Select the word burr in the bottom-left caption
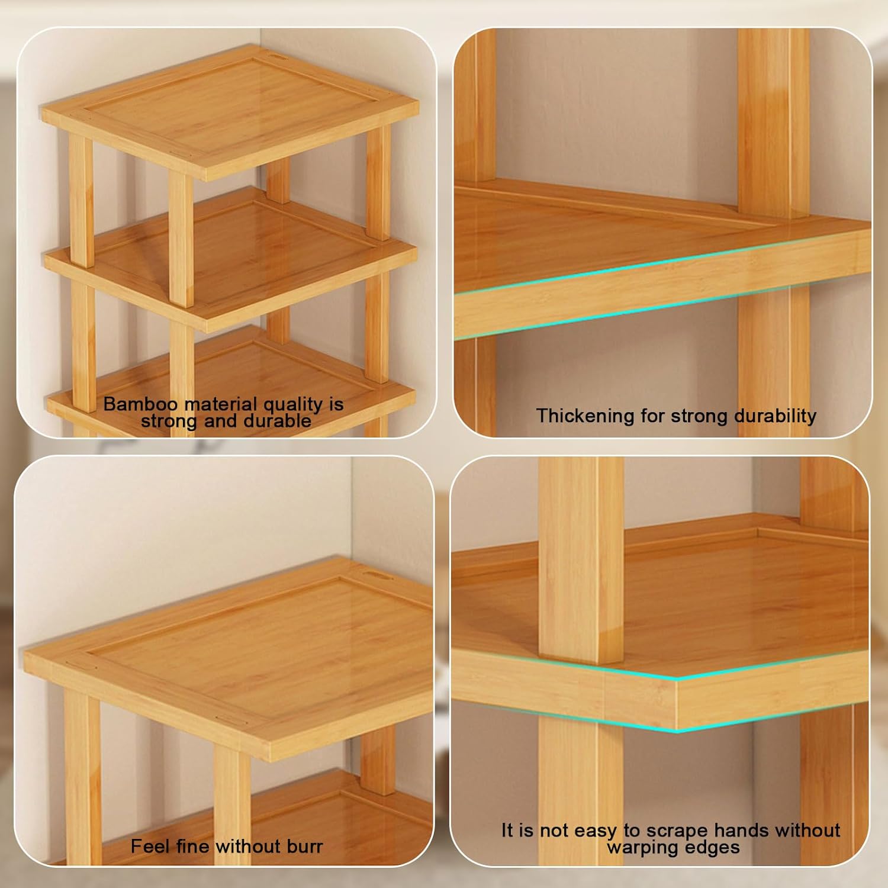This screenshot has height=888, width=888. [x=306, y=846]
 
